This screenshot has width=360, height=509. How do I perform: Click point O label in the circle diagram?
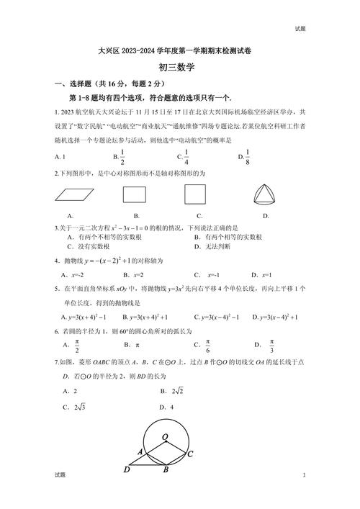click(166, 437)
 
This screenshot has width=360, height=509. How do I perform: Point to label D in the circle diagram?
click(127, 470)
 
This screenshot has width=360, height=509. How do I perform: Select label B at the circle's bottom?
click(166, 471)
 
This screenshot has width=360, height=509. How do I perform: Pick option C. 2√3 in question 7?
click(74, 407)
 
